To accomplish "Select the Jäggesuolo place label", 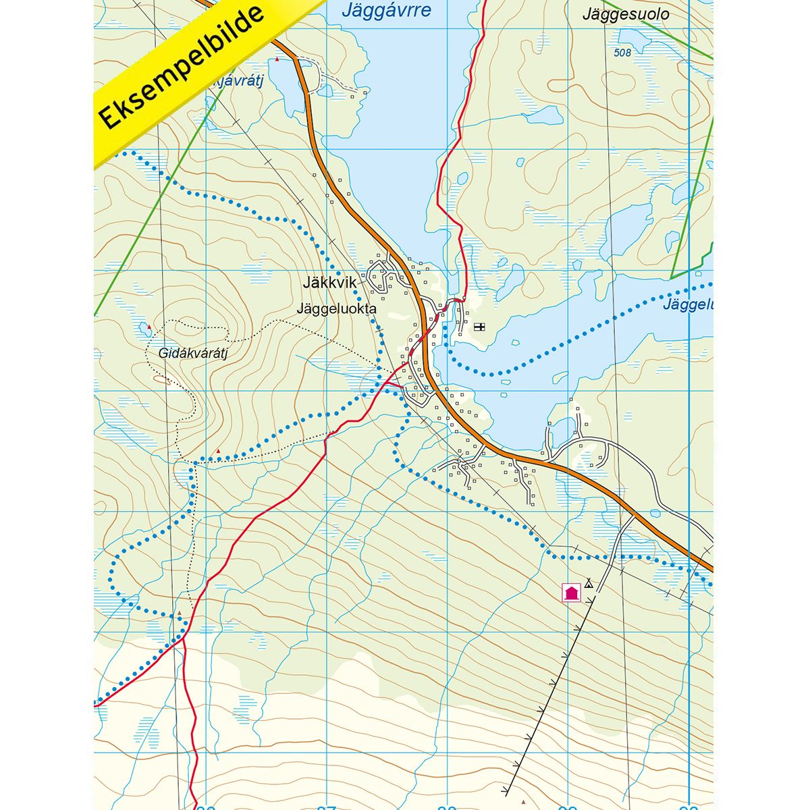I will pyautogui.click(x=626, y=14).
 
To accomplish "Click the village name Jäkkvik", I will pyautogui.click(x=329, y=284).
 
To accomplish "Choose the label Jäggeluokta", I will pyautogui.click(x=335, y=308).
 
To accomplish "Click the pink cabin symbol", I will pyautogui.click(x=571, y=593).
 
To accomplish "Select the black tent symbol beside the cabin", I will pyautogui.click(x=589, y=583).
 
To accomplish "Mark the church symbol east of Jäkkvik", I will pyautogui.click(x=480, y=327).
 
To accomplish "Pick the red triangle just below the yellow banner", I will pyautogui.click(x=277, y=60).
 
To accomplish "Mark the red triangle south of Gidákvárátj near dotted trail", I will pyautogui.click(x=218, y=451).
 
